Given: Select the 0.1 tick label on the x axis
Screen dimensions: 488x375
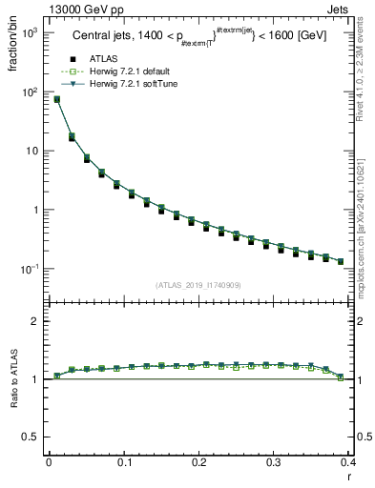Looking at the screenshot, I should pyautogui.click(x=123, y=462).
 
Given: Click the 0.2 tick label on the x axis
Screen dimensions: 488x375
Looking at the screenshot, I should pyautogui.click(x=198, y=462).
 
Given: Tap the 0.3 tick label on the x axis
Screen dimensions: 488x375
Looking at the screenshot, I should pyautogui.click(x=274, y=462).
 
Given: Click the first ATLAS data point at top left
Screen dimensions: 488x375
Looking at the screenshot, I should pyautogui.click(x=56, y=99).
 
